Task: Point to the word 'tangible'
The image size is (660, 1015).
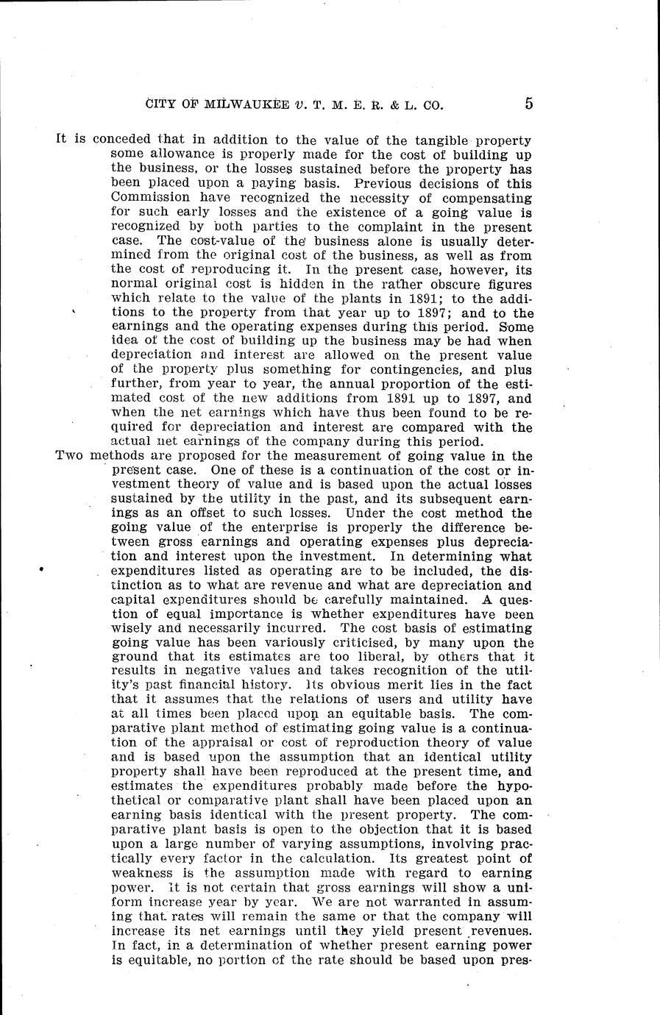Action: point(425,140)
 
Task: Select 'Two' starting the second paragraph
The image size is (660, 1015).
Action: point(69,456)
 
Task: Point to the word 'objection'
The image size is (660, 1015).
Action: point(338,829)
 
